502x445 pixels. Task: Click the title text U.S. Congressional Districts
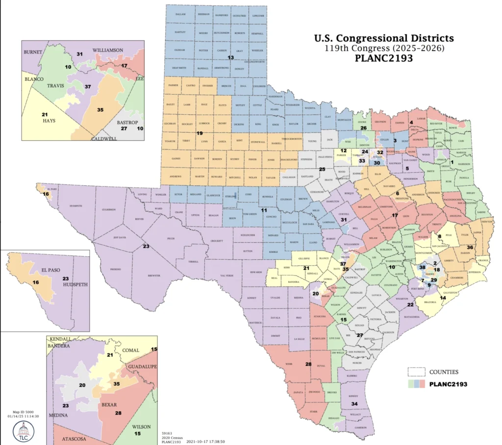383,38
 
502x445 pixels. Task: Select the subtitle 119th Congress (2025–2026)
383,49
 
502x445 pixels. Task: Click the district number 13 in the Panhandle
230,58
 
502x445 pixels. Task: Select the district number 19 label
200,133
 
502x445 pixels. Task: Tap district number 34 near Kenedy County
354,403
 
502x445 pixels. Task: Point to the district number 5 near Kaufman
407,168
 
